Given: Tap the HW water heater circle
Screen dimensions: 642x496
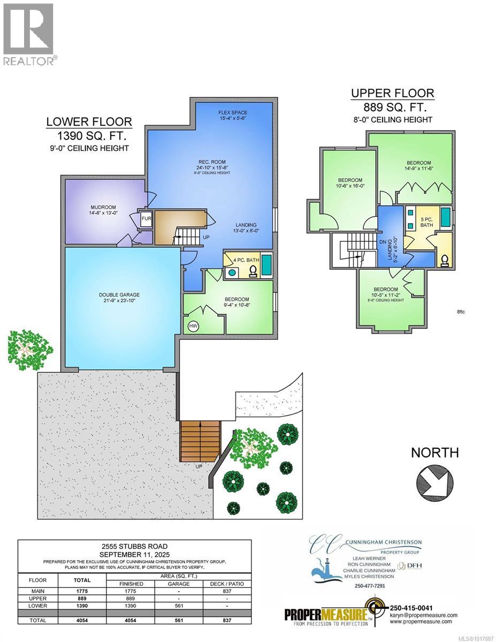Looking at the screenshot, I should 192,326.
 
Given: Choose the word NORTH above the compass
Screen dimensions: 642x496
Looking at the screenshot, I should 434,453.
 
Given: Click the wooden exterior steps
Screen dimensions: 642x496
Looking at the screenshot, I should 201,437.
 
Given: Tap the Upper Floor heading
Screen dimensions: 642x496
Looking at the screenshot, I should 392,93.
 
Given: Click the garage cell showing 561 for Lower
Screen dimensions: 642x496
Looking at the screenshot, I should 179,606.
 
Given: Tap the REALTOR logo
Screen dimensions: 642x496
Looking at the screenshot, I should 28,33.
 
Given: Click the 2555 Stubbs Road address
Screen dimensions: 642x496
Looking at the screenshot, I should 134,546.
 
